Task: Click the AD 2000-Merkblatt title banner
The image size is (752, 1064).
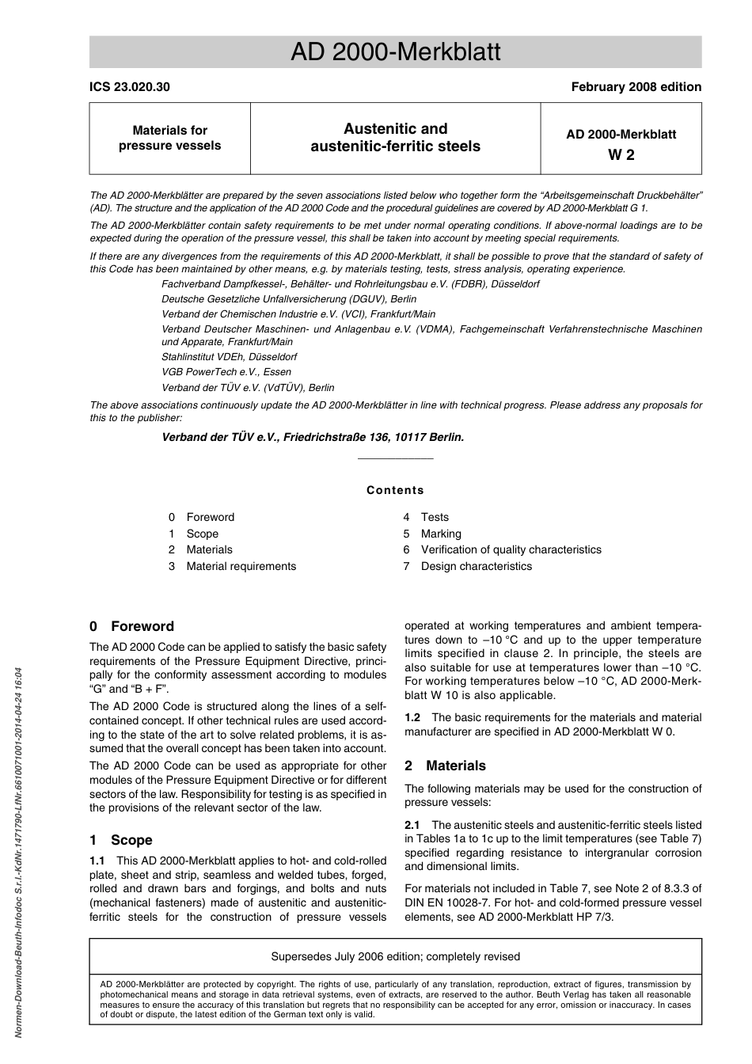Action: click(395, 52)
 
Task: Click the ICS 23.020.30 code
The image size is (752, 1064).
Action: click(129, 87)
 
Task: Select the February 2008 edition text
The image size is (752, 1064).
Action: click(636, 87)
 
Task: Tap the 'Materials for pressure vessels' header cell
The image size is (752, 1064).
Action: click(169, 138)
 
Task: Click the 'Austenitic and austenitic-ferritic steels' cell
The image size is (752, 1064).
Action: click(395, 138)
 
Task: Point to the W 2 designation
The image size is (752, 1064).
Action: click(621, 155)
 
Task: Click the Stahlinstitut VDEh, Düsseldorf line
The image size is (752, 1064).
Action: click(229, 357)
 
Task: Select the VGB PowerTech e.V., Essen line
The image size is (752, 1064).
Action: click(226, 372)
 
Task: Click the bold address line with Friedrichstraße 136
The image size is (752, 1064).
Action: click(313, 437)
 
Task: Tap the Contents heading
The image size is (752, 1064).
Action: click(395, 490)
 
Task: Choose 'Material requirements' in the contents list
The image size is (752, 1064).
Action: click(241, 566)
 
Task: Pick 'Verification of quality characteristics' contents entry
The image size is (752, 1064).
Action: click(511, 549)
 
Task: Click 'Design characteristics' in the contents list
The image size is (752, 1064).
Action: click(476, 566)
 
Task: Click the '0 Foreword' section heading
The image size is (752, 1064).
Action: click(131, 626)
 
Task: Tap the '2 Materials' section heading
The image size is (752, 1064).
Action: click(445, 766)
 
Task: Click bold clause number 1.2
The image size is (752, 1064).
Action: click(412, 717)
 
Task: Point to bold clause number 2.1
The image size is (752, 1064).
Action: click(412, 825)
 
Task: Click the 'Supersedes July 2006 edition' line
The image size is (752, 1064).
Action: click(395, 956)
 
